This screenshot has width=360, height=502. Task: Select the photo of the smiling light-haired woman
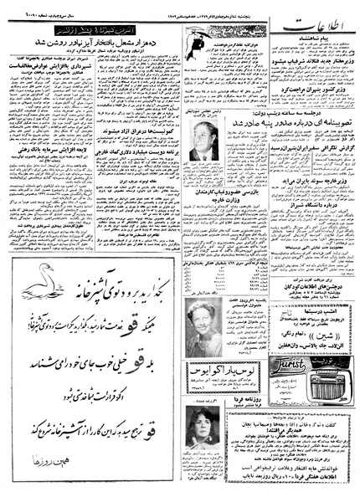[x=202, y=339]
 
